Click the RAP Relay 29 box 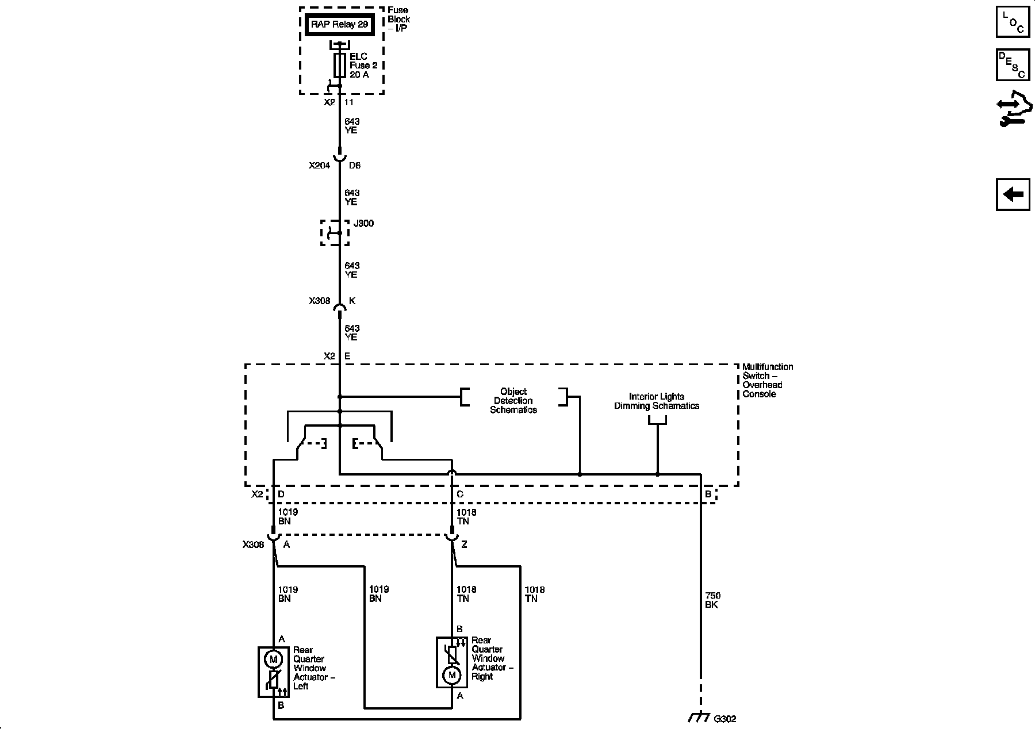click(x=339, y=25)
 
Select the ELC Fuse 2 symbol click(x=339, y=66)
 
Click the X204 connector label click(x=320, y=166)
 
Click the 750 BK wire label click(x=712, y=600)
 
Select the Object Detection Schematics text click(x=513, y=401)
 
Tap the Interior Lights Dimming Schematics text click(x=657, y=401)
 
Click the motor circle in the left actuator click(x=273, y=659)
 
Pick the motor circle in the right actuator click(x=452, y=674)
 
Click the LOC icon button click(x=1013, y=22)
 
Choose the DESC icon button click(x=1013, y=65)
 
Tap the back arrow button click(x=1013, y=194)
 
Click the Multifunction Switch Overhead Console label click(x=767, y=380)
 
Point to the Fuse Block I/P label click(x=398, y=19)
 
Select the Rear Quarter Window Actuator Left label click(x=313, y=668)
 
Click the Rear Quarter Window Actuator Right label click(x=492, y=658)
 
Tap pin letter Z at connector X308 click(x=464, y=545)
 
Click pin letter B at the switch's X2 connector click(x=708, y=494)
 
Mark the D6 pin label click(x=355, y=166)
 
